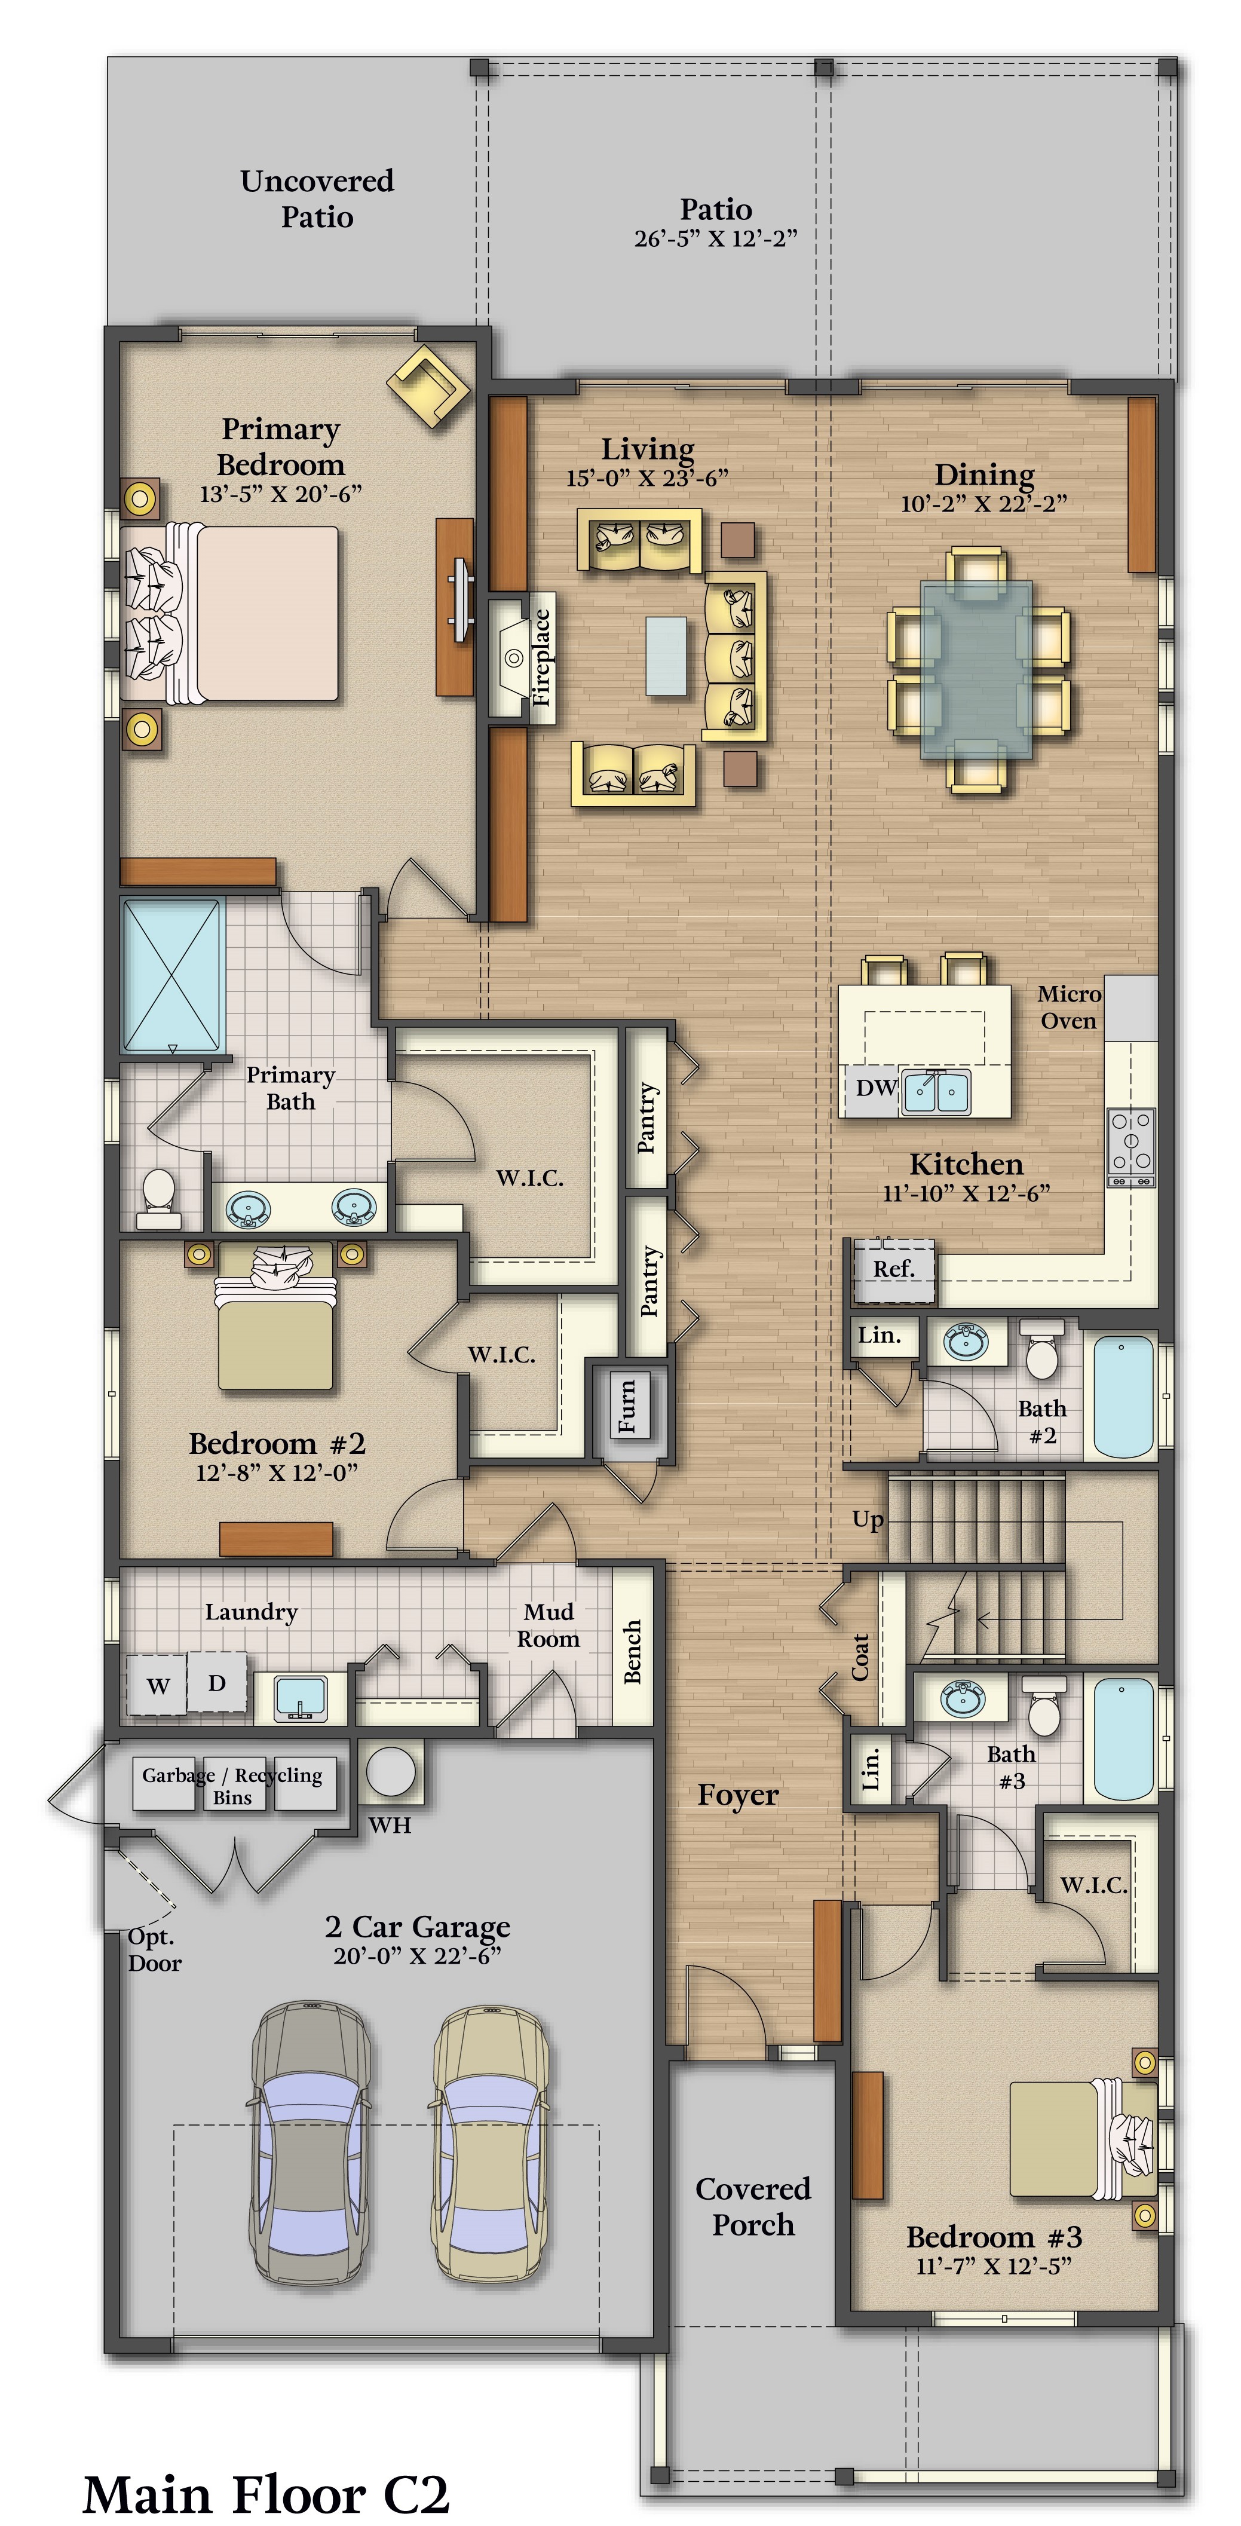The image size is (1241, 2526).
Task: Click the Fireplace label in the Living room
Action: point(542,657)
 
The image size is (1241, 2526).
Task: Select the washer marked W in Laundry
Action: point(157,1685)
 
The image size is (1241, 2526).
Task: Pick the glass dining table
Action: point(976,670)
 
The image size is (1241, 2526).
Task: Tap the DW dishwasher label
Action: point(875,1088)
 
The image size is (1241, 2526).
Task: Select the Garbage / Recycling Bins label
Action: point(232,1786)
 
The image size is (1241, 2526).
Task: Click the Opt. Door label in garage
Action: point(154,1949)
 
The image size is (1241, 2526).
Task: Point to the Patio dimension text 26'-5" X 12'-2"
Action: point(716,238)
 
